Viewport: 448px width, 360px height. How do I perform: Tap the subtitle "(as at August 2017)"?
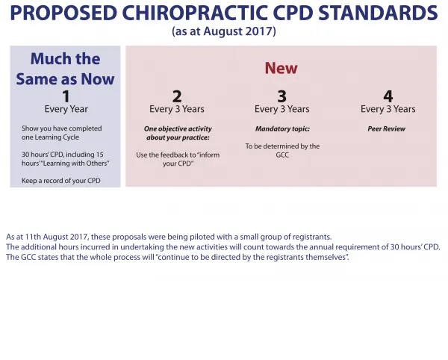(224, 31)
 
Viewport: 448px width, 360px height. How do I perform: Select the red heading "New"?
(281, 68)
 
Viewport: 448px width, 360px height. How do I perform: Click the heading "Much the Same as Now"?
(65, 69)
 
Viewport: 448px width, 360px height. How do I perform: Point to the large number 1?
(66, 96)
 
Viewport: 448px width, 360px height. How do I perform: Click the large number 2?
(177, 96)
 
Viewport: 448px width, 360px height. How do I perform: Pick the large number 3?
(282, 96)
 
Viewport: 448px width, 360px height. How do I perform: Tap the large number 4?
(388, 96)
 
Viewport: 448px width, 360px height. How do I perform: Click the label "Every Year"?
(66, 109)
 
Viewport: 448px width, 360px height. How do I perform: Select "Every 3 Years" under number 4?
(388, 109)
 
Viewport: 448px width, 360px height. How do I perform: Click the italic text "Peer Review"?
(387, 129)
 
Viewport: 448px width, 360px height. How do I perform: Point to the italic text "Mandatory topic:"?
(282, 129)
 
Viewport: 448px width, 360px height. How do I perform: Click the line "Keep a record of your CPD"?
(61, 181)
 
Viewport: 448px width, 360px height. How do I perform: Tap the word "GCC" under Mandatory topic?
(282, 155)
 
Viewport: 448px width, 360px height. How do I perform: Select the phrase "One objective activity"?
(178, 129)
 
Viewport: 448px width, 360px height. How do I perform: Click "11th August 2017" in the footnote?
(57, 237)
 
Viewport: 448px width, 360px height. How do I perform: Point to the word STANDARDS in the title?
(378, 13)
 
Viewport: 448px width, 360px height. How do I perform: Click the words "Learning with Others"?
(75, 164)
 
